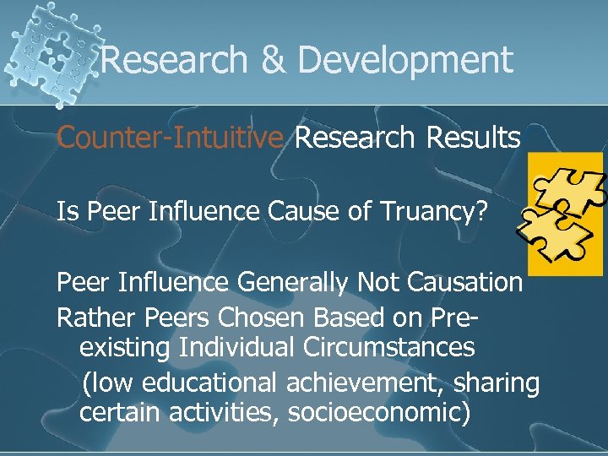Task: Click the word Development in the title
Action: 405,60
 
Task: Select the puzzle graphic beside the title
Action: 51,51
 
